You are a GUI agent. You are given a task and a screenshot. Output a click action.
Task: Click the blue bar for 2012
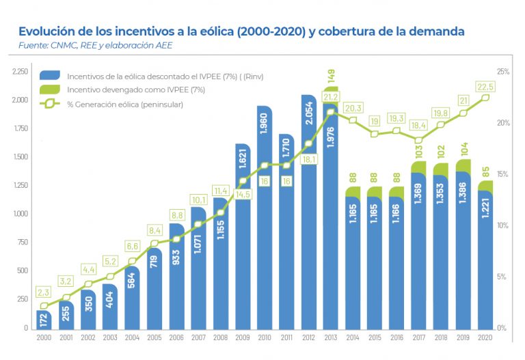coord(308,219)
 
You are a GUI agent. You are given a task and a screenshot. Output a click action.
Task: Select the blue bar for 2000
coord(44,319)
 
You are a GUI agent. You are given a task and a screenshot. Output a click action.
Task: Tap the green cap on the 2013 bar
coord(330,89)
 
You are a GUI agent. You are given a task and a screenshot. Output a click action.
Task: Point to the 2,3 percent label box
coord(44,292)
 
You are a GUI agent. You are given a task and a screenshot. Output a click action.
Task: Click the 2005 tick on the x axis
coord(154,337)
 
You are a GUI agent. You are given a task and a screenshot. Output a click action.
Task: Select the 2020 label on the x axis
coord(485,337)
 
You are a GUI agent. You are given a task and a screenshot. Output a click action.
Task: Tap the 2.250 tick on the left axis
coord(20,71)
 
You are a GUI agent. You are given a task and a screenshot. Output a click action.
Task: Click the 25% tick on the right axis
coord(503,71)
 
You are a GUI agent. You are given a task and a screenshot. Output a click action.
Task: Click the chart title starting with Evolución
coord(241,31)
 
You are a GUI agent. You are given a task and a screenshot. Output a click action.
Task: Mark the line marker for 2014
coord(353,120)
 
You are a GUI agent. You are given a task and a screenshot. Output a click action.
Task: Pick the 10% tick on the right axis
coord(503,225)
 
